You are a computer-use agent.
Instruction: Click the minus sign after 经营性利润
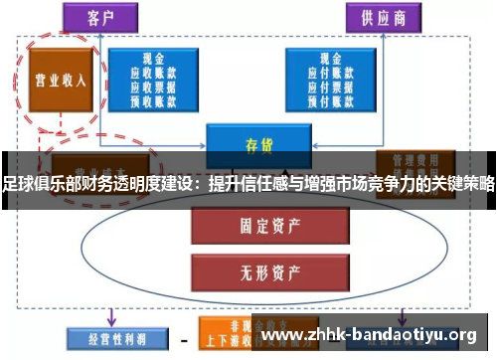point(185,338)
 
